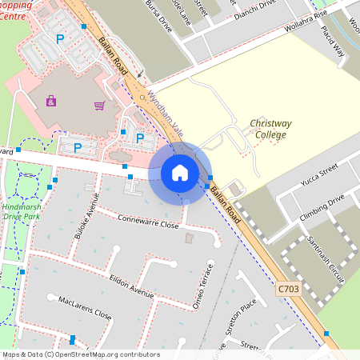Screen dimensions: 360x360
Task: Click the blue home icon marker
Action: (x=180, y=173)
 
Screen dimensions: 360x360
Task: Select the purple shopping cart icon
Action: (x=99, y=105)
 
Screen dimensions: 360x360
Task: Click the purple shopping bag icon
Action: (x=51, y=102)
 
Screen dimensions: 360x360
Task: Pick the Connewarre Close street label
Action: (x=148, y=221)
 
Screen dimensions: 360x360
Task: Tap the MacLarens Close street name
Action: (x=85, y=308)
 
